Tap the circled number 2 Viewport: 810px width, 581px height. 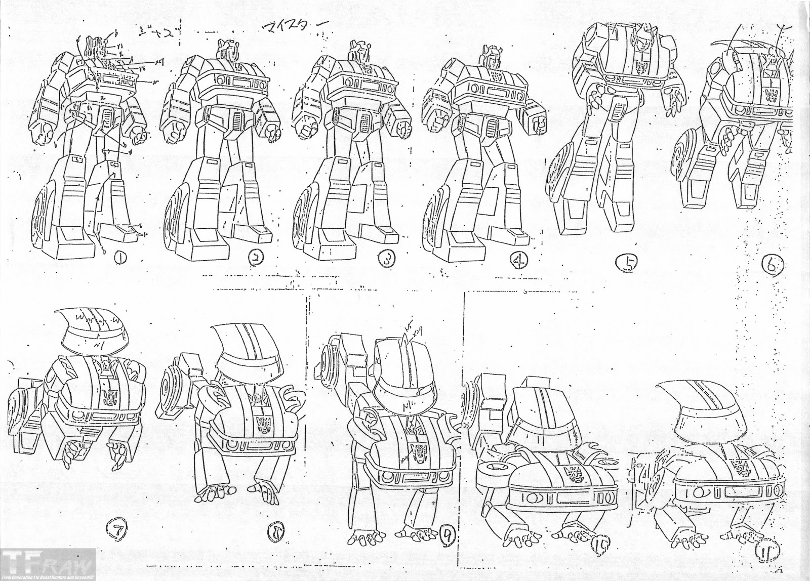click(x=255, y=259)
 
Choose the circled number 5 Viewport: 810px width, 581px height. click(x=626, y=263)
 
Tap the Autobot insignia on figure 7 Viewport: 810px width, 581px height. click(x=108, y=394)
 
